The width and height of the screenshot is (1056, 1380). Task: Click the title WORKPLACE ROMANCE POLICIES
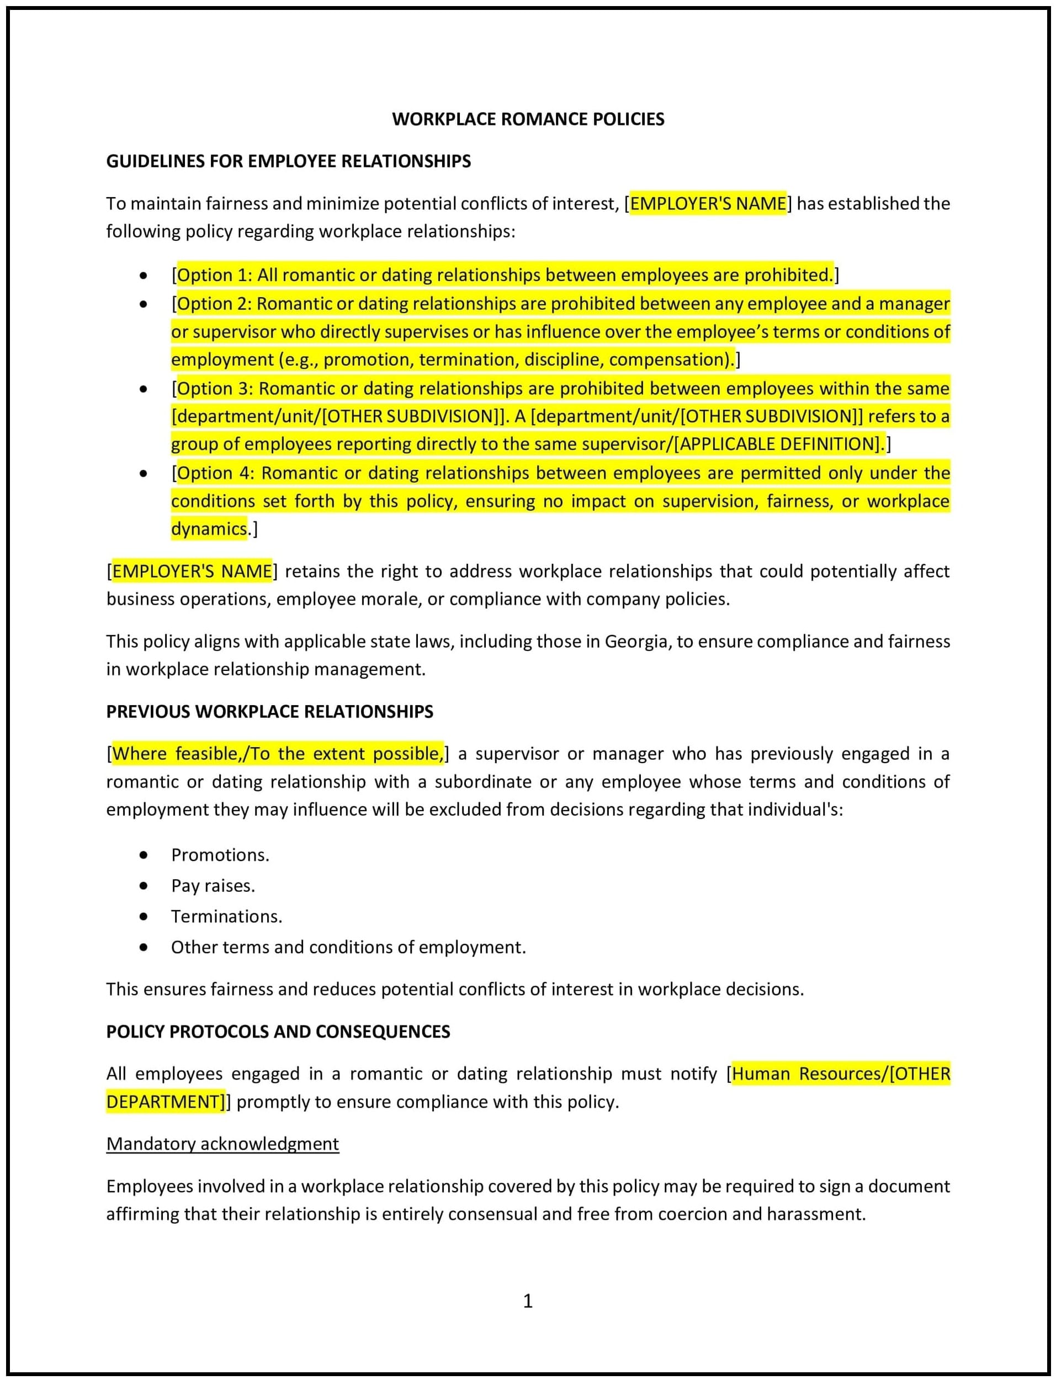[528, 119]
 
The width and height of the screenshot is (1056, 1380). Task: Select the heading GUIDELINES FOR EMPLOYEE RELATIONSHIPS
[288, 162]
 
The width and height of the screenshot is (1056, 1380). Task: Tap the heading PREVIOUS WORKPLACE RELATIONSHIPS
[269, 712]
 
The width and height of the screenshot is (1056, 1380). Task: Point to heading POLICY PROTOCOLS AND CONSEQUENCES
[278, 1032]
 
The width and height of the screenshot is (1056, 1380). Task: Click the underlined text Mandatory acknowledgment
[222, 1144]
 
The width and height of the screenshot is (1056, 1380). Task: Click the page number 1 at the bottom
[528, 1301]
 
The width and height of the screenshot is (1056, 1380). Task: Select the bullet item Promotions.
[220, 855]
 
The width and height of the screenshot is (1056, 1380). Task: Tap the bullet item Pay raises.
[213, 886]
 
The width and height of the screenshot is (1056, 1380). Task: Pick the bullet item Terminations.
[226, 917]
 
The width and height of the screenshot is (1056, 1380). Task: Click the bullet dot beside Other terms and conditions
[144, 948]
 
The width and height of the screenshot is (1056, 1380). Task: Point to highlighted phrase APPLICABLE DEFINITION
[778, 445]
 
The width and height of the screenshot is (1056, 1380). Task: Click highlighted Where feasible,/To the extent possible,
[278, 754]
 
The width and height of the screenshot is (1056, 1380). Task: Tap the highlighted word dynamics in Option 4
[209, 528]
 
